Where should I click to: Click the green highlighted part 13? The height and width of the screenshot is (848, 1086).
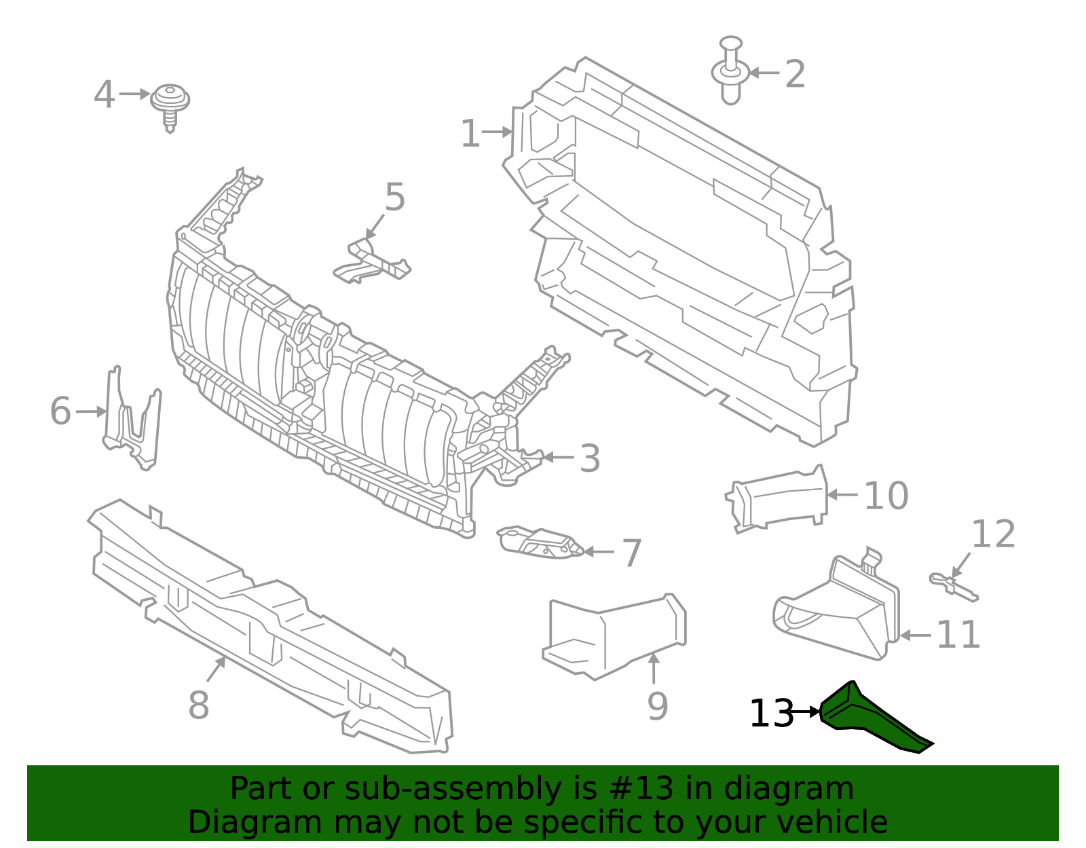coord(865,720)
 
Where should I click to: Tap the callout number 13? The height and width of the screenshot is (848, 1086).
coord(770,714)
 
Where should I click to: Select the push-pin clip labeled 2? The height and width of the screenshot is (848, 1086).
coord(730,71)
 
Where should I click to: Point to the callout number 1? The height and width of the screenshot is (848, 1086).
coord(470,134)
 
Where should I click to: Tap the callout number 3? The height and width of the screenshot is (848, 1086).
coord(590,458)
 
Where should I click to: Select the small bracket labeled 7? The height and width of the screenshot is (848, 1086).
coord(540,542)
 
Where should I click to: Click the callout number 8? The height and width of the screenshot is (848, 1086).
coord(198,705)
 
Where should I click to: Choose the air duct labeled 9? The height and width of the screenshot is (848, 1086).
coord(614,635)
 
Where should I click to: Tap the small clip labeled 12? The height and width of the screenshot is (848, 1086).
coord(953,587)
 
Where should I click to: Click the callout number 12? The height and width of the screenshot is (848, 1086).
coord(993,534)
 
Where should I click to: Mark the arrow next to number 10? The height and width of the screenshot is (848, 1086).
coord(842,495)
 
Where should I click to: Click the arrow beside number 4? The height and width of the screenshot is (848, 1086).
coord(134,94)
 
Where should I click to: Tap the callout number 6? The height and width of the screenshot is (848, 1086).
coord(60,411)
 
